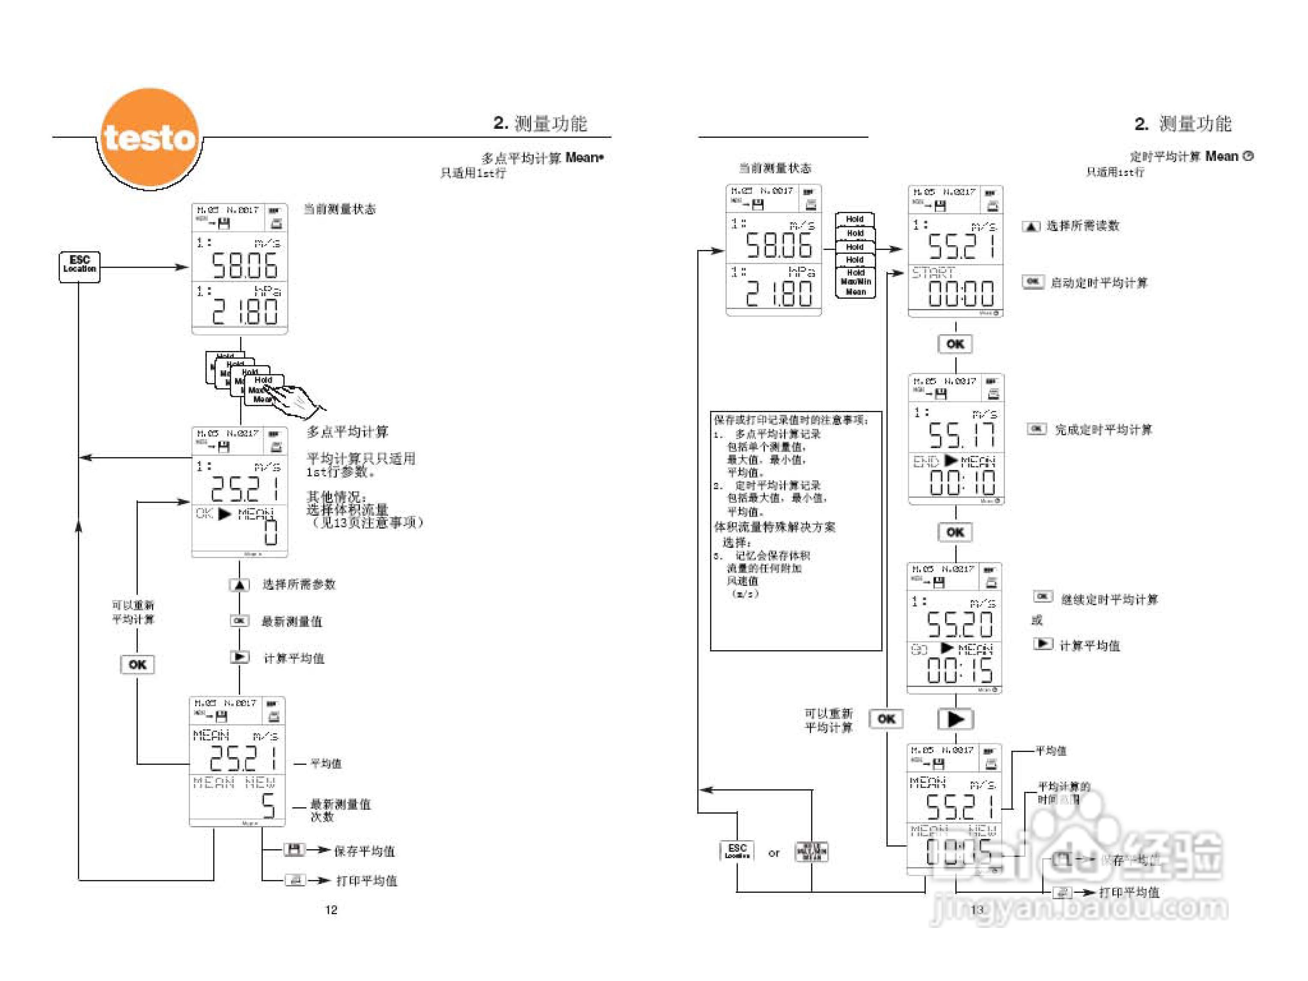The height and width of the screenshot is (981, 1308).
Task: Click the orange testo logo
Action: coord(149,137)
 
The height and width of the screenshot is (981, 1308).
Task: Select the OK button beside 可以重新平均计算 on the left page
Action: coord(137,664)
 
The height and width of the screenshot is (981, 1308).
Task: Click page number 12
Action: coord(331,910)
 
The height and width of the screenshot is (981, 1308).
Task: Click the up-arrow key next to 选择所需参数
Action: coord(239,585)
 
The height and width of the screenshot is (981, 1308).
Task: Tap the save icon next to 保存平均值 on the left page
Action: coord(294,850)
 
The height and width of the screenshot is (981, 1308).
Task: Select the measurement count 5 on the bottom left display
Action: coord(268,806)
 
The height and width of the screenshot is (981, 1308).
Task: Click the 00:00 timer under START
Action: coord(961,293)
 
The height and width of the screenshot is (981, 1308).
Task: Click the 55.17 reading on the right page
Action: coord(961,436)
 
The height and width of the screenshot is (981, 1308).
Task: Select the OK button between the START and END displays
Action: coord(955,344)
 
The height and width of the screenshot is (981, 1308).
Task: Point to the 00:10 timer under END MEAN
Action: coord(962,482)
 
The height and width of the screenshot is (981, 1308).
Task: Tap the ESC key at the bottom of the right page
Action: coord(737,851)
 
